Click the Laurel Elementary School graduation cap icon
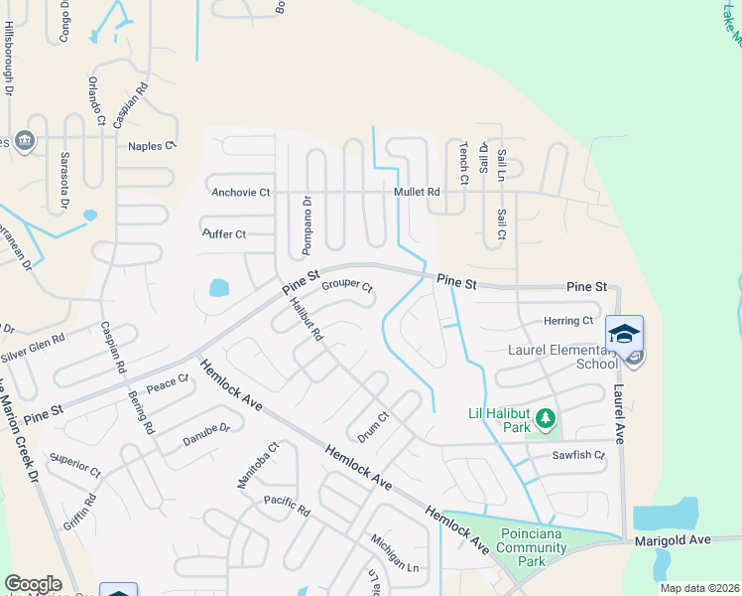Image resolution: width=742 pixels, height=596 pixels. click(624, 334)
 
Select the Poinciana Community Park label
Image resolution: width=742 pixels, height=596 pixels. click(532, 546)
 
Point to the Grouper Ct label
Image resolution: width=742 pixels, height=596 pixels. click(346, 287)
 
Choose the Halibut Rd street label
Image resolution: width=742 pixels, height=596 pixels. click(308, 321)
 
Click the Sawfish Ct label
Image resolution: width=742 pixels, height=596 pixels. click(579, 455)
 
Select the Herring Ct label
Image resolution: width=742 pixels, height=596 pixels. click(567, 321)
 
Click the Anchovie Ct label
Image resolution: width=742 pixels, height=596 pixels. click(240, 192)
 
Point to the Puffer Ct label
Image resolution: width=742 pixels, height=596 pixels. click(223, 234)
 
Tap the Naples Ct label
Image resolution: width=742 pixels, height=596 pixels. click(151, 145)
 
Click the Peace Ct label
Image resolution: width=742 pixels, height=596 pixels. click(167, 382)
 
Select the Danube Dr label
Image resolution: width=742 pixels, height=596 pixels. click(206, 434)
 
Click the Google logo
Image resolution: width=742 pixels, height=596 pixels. click(33, 584)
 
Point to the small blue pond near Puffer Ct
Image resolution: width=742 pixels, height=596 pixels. click(218, 288)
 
